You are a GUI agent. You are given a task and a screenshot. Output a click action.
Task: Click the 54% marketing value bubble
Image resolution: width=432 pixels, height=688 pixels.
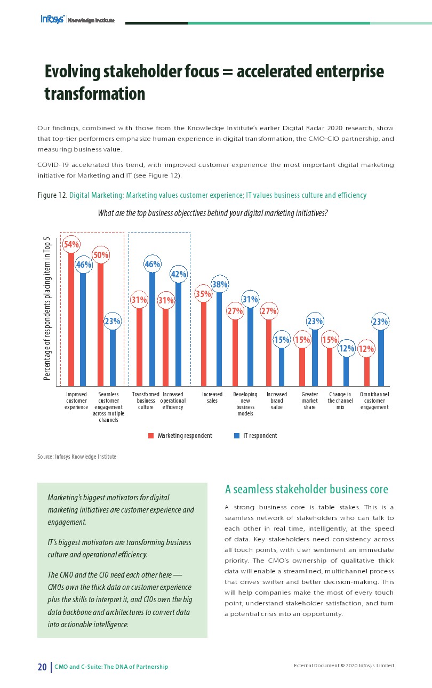pyautogui.click(x=71, y=244)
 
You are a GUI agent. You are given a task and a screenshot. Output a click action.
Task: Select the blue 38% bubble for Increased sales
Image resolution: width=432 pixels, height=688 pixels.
pyautogui.click(x=220, y=285)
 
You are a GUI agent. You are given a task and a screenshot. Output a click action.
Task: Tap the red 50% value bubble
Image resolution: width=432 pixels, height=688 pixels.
pyautogui.click(x=101, y=255)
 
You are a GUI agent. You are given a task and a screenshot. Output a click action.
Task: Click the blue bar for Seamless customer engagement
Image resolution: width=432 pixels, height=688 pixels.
pyautogui.click(x=113, y=357)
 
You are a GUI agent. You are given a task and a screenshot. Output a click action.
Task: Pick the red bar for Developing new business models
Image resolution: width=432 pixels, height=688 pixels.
pyautogui.click(x=235, y=352)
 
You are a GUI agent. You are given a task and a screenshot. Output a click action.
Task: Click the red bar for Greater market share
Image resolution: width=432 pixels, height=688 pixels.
pyautogui.click(x=302, y=366)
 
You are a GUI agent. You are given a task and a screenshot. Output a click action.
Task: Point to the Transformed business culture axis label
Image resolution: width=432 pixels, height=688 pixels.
pyautogui.click(x=146, y=401)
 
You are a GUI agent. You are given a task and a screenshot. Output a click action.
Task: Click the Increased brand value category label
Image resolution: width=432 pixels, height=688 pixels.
pyautogui.click(x=277, y=401)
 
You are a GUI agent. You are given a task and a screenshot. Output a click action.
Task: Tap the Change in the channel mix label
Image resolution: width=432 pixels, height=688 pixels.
pyautogui.click(x=340, y=401)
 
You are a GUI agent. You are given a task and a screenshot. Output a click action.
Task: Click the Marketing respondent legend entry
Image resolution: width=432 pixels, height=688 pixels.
pyautogui.click(x=180, y=436)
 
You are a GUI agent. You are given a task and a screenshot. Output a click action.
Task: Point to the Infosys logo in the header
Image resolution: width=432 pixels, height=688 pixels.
pyautogui.click(x=53, y=19)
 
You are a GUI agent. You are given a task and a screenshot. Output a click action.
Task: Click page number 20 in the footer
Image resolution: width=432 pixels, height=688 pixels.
pyautogui.click(x=42, y=667)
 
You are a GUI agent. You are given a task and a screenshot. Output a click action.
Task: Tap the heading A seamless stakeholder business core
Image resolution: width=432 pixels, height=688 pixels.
pyautogui.click(x=307, y=489)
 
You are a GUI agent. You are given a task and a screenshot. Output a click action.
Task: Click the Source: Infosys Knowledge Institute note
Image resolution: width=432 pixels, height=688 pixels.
pyautogui.click(x=77, y=457)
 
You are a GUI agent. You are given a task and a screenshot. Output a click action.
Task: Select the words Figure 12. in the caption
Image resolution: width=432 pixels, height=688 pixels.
pyautogui.click(x=52, y=196)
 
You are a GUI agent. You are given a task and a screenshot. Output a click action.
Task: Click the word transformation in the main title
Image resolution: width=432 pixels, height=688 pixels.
pyautogui.click(x=94, y=94)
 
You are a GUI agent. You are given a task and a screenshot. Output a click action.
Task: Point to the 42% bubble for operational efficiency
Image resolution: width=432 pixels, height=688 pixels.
pyautogui.click(x=178, y=275)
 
